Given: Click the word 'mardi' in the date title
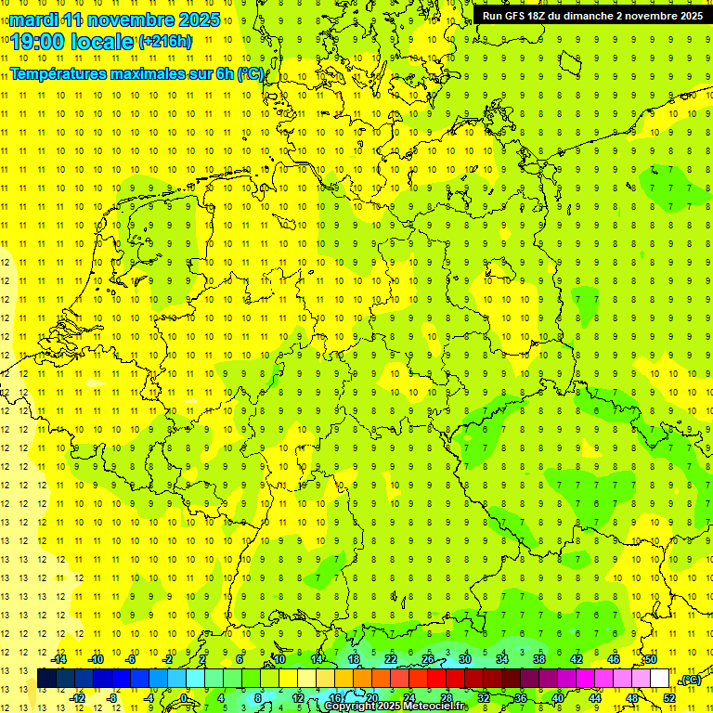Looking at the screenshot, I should tap(35, 19).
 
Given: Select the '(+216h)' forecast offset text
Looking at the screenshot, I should tap(165, 42).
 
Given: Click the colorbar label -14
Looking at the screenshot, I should tap(59, 659).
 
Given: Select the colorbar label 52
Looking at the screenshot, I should tap(669, 698).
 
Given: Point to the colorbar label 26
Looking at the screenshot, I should tap(428, 659).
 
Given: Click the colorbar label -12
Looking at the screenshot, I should tap(78, 698).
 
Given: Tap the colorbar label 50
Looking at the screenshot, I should tap(651, 659).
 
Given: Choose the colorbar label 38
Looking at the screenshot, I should tap(539, 659).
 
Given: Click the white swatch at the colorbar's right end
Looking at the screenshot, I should tap(659, 679).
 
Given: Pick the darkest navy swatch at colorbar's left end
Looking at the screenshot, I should tap(46, 679).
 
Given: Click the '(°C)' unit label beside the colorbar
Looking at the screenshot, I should tap(690, 679).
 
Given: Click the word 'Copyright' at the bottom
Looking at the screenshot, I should tap(350, 707).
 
